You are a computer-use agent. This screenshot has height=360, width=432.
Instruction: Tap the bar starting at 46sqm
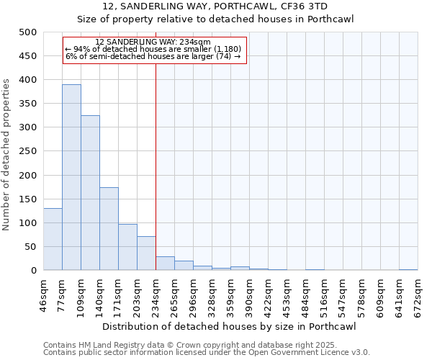(x=53, y=239)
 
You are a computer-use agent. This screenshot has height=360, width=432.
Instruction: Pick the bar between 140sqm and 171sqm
(x=109, y=229)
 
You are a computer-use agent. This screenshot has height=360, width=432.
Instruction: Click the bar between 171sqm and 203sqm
(x=127, y=247)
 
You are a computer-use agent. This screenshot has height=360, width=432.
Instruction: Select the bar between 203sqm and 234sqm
(x=146, y=253)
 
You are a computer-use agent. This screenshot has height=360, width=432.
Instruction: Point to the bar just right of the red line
(x=165, y=264)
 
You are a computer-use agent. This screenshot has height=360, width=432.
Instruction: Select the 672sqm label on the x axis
(x=418, y=295)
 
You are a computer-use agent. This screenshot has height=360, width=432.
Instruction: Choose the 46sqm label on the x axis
(x=44, y=295)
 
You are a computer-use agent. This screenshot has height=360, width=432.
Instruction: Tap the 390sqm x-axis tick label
(x=250, y=295)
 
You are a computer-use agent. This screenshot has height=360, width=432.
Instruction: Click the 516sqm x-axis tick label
(x=325, y=295)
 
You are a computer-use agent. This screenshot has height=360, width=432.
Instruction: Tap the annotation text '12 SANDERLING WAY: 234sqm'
(x=153, y=42)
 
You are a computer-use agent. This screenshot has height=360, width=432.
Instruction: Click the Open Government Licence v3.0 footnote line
(x=207, y=353)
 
